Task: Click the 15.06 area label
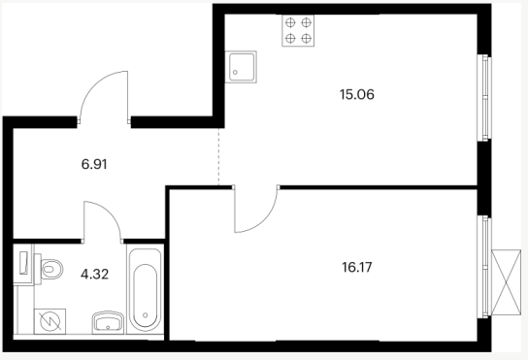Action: pos(357,95)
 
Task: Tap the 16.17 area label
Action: pos(357,268)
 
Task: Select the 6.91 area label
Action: pos(94,164)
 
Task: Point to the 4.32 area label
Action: pos(94,275)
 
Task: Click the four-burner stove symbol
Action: pos(298,31)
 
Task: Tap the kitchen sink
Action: pos(241,67)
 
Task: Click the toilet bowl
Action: pos(51,270)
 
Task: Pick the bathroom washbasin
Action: pos(108,322)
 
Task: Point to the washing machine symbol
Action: pos(49,321)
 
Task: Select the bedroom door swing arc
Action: pos(266,220)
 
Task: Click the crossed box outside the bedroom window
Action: pos(506,282)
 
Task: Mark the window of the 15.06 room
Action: pos(484,98)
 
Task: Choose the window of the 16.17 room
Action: pos(484,267)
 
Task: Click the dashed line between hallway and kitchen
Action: pos(218,156)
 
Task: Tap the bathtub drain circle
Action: pos(146,315)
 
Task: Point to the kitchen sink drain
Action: pos(235,73)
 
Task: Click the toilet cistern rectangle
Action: pos(23,263)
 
